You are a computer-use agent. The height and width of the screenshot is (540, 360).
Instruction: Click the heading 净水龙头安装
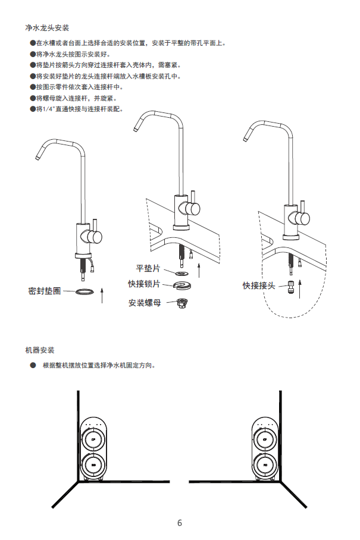pyautogui.click(x=48, y=28)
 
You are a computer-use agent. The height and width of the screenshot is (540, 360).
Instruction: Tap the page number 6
pyautogui.click(x=180, y=523)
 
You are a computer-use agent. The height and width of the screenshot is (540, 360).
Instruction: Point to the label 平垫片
pyautogui.click(x=148, y=269)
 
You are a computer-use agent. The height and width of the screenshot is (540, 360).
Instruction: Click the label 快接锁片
pyautogui.click(x=144, y=284)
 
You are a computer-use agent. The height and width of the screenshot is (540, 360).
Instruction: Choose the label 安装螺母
pyautogui.click(x=145, y=303)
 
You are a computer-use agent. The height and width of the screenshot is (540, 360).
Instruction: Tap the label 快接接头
pyautogui.click(x=259, y=285)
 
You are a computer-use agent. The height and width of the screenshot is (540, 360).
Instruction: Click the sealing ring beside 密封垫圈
pyautogui.click(x=85, y=291)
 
